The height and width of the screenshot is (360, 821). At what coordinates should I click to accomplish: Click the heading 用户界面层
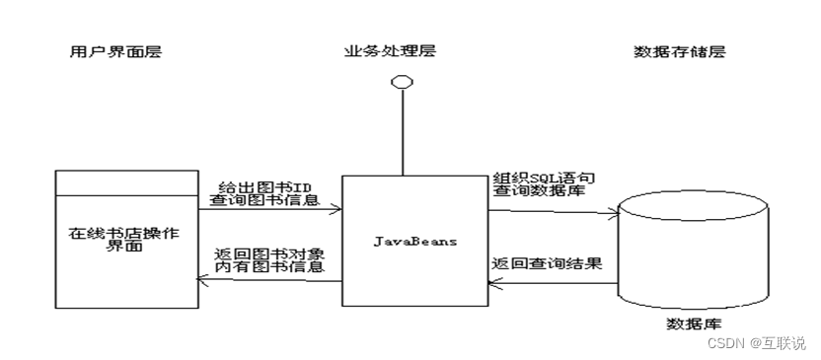[x=110, y=52]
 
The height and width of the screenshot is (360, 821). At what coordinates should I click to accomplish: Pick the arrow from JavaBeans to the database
[x=552, y=210]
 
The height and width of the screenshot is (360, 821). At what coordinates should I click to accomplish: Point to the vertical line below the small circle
[x=401, y=133]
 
